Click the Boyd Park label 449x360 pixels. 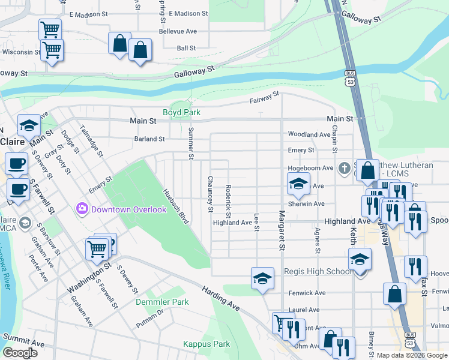(x=181, y=112)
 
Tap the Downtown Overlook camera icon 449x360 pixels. (x=82, y=209)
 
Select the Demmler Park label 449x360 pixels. (x=162, y=302)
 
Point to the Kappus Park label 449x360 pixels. (x=206, y=344)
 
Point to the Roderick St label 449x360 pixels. (x=229, y=201)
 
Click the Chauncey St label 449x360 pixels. (x=210, y=194)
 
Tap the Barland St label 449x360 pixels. (x=149, y=139)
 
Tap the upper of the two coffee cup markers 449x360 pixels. (x=17, y=163)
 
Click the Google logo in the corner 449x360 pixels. (x=20, y=353)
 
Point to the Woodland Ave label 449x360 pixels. (x=309, y=134)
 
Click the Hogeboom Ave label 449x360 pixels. (x=311, y=169)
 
